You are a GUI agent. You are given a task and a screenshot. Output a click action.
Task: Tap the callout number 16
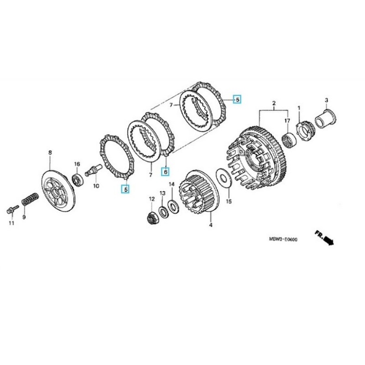pos(77,164)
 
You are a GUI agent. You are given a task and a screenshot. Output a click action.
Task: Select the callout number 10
pos(96,186)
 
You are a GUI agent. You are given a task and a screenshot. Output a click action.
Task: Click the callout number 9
pos(24,218)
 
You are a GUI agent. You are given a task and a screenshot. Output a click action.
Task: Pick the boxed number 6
pos(166,172)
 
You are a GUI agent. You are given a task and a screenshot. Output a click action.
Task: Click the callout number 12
pos(151,199)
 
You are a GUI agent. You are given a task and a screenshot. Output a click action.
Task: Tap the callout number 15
pos(229,201)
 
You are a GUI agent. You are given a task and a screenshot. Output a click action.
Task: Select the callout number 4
pos(210,225)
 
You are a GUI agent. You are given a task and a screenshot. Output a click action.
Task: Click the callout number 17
pos(287,120)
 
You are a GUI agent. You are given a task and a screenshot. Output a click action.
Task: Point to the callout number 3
pos(327,100)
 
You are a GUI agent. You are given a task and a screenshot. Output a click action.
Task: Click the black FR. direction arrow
pos(325,238)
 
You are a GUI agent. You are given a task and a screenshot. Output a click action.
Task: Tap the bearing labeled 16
pos(78,178)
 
